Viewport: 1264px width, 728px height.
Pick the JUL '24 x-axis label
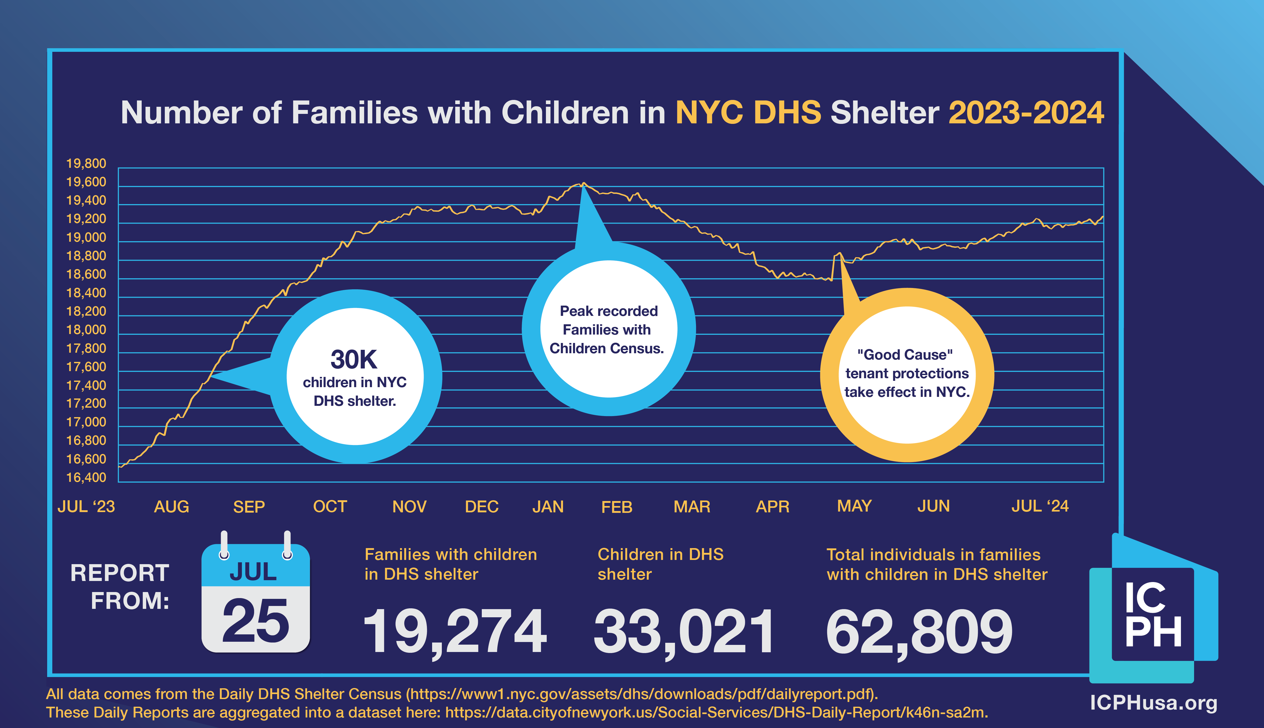1040,506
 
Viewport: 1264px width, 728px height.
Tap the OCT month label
330,507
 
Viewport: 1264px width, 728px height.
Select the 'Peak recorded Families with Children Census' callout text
607,330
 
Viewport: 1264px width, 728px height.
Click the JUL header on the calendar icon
253,572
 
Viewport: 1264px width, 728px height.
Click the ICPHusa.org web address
1153,702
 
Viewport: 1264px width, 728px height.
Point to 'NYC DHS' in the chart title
748,113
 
